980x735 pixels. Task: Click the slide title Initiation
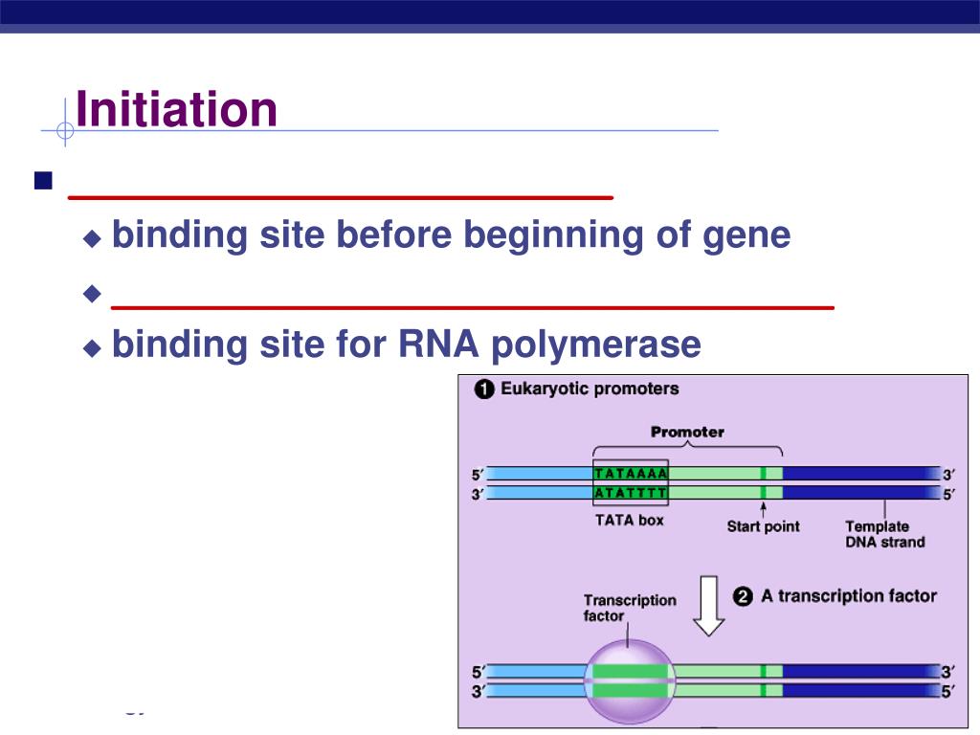point(176,109)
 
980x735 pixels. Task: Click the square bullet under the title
point(41,181)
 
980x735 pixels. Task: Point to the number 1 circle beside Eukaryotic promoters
point(484,390)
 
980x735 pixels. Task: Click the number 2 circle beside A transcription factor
point(743,596)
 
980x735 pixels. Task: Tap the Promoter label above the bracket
point(687,432)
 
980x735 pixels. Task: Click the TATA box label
point(629,521)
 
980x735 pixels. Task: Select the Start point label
point(763,526)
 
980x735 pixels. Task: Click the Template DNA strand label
point(884,534)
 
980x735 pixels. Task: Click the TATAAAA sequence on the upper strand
point(631,474)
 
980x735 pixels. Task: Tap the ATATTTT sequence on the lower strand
point(631,493)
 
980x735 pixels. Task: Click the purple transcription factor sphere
point(630,681)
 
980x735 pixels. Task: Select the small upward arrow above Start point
point(763,507)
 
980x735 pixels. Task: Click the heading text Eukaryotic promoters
point(590,389)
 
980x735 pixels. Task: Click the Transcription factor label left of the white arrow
point(629,608)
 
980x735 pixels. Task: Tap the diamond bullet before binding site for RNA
point(92,347)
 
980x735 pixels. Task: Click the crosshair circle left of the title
point(64,130)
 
